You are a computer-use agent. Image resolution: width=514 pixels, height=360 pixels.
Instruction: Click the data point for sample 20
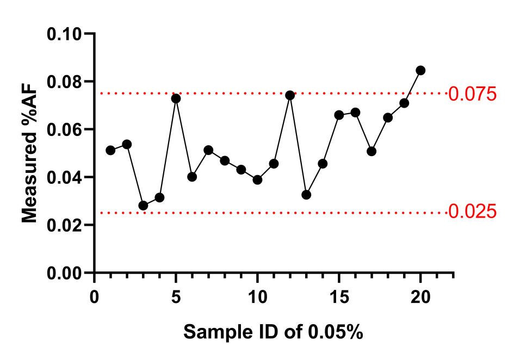(420, 70)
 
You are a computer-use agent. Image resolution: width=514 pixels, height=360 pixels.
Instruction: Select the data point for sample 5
(176, 98)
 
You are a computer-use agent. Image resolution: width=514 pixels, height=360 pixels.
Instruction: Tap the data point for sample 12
(290, 95)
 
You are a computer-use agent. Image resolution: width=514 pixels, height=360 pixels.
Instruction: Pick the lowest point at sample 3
(143, 206)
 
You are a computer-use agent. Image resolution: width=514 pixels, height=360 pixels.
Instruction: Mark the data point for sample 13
(306, 194)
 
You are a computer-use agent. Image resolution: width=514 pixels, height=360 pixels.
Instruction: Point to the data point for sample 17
(371, 151)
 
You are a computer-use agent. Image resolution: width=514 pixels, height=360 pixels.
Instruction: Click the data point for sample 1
(110, 150)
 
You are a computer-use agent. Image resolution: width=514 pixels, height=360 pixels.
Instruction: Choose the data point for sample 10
(257, 179)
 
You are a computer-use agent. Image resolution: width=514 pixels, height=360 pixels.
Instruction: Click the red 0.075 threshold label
(472, 94)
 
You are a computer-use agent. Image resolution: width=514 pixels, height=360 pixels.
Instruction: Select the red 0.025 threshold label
(472, 211)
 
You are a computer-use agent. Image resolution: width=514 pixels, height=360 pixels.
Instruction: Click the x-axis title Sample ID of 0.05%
(273, 331)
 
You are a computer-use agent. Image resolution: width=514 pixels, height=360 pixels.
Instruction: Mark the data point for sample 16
(355, 113)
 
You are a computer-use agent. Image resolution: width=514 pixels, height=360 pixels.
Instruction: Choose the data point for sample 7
(208, 150)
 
